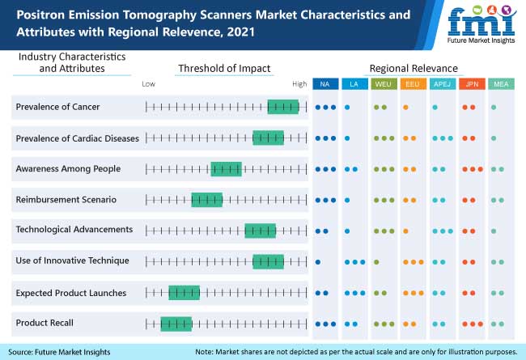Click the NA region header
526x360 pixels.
(x=324, y=84)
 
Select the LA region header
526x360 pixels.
(x=353, y=84)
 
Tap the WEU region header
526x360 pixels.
(x=381, y=84)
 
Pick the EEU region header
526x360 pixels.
(x=411, y=84)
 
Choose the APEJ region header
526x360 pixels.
(x=441, y=84)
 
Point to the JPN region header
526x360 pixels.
(x=470, y=84)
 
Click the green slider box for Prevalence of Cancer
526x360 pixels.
(x=282, y=107)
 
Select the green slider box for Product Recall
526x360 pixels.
(x=176, y=324)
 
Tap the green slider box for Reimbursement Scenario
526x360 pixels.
(x=206, y=199)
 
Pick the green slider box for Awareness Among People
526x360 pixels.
(x=226, y=169)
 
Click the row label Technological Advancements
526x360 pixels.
(x=74, y=230)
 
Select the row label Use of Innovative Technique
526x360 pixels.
(x=72, y=260)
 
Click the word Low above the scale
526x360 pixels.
(x=149, y=83)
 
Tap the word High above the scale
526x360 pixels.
(x=299, y=83)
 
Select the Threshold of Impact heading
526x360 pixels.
(x=224, y=68)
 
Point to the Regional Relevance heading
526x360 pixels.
(x=414, y=68)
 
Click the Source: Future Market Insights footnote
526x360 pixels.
(x=61, y=352)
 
